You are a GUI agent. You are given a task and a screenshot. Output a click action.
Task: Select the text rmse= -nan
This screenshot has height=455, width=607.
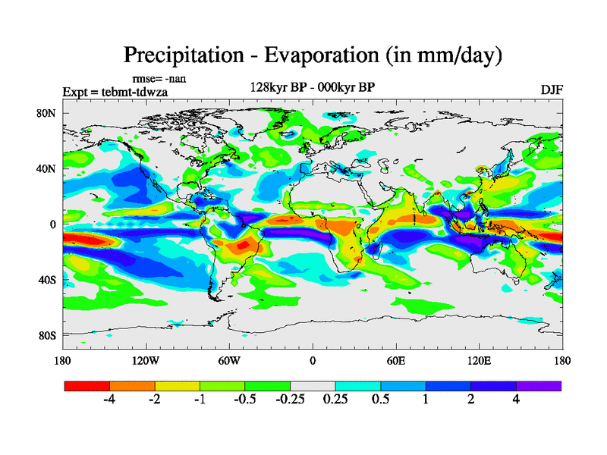point(159,78)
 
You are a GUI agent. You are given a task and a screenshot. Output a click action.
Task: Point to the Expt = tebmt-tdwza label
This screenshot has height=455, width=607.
point(115,92)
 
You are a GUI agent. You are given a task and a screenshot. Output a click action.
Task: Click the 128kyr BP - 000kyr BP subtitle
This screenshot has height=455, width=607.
point(312,87)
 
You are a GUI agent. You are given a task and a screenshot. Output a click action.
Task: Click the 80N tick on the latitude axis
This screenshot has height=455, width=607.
point(48,113)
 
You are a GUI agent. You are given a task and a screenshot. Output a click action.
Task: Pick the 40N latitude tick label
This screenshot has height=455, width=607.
point(48,168)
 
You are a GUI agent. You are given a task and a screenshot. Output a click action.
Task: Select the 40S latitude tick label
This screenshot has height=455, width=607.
point(48,280)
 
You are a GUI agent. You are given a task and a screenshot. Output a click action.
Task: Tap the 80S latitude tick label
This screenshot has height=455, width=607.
point(48,335)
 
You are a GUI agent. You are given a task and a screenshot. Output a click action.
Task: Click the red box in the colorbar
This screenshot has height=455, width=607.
point(87,386)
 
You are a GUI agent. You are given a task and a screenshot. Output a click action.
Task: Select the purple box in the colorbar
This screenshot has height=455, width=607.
point(539,386)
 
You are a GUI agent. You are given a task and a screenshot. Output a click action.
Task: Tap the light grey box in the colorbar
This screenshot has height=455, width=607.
point(313,386)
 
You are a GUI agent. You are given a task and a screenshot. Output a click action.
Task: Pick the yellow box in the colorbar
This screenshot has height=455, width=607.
point(178,386)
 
